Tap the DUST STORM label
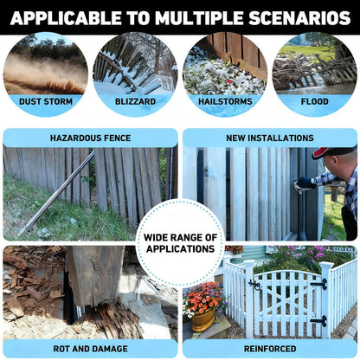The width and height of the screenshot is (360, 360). pyautogui.click(x=45, y=101)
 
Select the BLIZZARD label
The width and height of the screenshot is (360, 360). pyautogui.click(x=135, y=101)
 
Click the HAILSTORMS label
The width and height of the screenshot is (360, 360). pyautogui.click(x=225, y=101)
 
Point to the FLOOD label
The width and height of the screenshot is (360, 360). pyautogui.click(x=315, y=101)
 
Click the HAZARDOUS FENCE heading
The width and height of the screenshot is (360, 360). pyautogui.click(x=90, y=138)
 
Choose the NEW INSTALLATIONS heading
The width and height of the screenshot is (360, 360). pyautogui.click(x=270, y=138)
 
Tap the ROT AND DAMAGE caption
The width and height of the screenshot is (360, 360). pyautogui.click(x=90, y=349)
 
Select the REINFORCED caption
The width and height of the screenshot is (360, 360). pyautogui.click(x=270, y=349)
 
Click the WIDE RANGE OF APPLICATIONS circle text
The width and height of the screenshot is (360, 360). pyautogui.click(x=180, y=242)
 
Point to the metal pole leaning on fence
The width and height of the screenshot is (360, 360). pyautogui.click(x=57, y=195)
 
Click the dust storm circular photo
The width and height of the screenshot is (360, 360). pyautogui.click(x=45, y=65)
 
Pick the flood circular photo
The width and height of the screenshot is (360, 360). pyautogui.click(x=315, y=65)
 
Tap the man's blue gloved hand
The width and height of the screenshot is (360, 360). pyautogui.click(x=305, y=183)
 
